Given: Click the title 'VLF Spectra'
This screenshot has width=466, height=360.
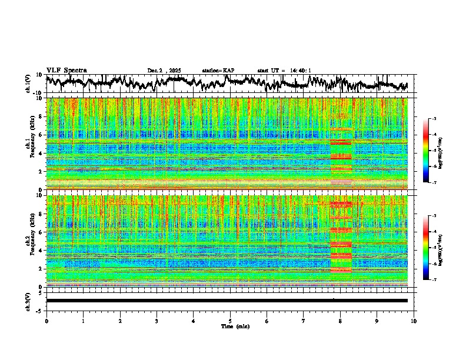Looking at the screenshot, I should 66,70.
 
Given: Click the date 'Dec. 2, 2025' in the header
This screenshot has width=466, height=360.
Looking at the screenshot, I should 164,71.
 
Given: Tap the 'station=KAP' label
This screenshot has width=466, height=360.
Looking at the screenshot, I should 218,71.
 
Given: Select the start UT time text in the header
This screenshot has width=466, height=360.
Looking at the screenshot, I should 284,71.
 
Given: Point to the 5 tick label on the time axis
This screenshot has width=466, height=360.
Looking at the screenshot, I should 230,321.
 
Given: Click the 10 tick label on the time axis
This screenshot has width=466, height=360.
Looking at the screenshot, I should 414,321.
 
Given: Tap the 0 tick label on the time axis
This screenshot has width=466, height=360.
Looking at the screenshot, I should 46,321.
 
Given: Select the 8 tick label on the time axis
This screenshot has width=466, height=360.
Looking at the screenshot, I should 340,321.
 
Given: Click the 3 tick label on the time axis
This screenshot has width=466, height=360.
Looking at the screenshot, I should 157,321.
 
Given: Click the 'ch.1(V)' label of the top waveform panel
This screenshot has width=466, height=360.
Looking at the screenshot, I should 28,84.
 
